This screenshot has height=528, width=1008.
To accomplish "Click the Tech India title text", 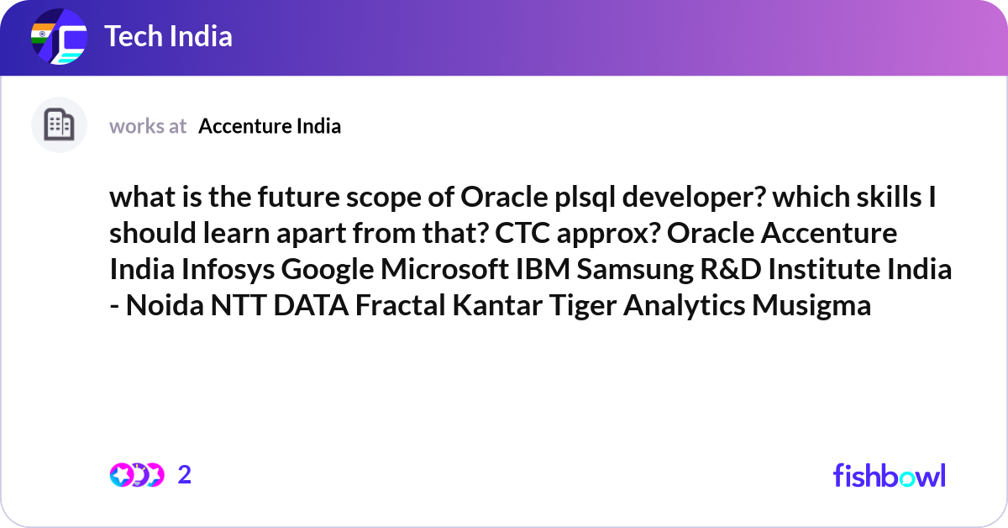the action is point(168,36).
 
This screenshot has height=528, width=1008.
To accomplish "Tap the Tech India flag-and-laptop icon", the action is point(59,36).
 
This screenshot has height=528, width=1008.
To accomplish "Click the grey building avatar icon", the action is point(59,124).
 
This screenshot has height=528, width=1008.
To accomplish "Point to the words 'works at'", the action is point(148,126).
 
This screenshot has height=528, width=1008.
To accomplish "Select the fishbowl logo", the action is point(890,475).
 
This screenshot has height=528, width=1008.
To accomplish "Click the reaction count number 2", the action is point(185,475).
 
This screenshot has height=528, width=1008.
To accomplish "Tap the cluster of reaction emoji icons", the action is point(137,475).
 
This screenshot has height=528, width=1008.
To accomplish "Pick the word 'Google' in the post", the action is point(328,269).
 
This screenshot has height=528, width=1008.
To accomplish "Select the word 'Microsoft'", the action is point(444,269).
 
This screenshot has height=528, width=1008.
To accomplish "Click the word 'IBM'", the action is point(543,269).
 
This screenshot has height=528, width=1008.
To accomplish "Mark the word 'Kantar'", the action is point(497,305).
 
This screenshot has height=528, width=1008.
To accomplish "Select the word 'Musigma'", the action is point(811,306).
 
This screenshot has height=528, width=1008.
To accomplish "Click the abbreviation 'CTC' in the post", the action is point(522,234).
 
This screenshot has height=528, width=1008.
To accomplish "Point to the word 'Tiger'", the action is point(583,306).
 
